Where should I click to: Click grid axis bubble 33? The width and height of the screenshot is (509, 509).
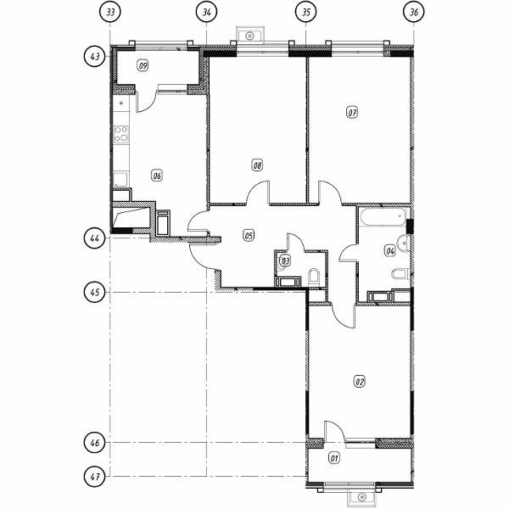tap(110, 13)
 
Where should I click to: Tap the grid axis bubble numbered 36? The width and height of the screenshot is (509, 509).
tap(414, 13)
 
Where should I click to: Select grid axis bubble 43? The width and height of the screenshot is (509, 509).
tap(95, 57)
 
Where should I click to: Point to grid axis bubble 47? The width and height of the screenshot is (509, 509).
tap(95, 477)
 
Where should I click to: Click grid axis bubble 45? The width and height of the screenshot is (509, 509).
tap(95, 293)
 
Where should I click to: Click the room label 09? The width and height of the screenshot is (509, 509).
tap(143, 66)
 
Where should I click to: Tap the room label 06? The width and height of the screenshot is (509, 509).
tap(157, 176)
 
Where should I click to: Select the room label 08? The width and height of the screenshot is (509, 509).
tap(257, 165)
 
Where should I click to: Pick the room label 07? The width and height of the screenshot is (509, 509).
tap(352, 113)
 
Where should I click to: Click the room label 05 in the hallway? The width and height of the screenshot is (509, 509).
tap(249, 235)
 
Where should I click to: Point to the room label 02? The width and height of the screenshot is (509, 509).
tap(360, 382)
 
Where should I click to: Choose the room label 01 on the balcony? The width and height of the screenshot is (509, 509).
tap(334, 458)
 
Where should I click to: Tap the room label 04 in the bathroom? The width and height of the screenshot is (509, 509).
tap(390, 250)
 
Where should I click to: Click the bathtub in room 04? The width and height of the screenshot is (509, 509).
tap(383, 217)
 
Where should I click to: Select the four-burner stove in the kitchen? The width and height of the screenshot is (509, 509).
tap(120, 134)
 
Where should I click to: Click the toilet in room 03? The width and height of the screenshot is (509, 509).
tap(314, 277)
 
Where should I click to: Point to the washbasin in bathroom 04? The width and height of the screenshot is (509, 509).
tap(405, 243)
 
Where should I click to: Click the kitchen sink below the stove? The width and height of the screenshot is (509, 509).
tap(120, 180)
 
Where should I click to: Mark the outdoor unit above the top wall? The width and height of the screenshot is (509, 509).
tap(249, 36)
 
